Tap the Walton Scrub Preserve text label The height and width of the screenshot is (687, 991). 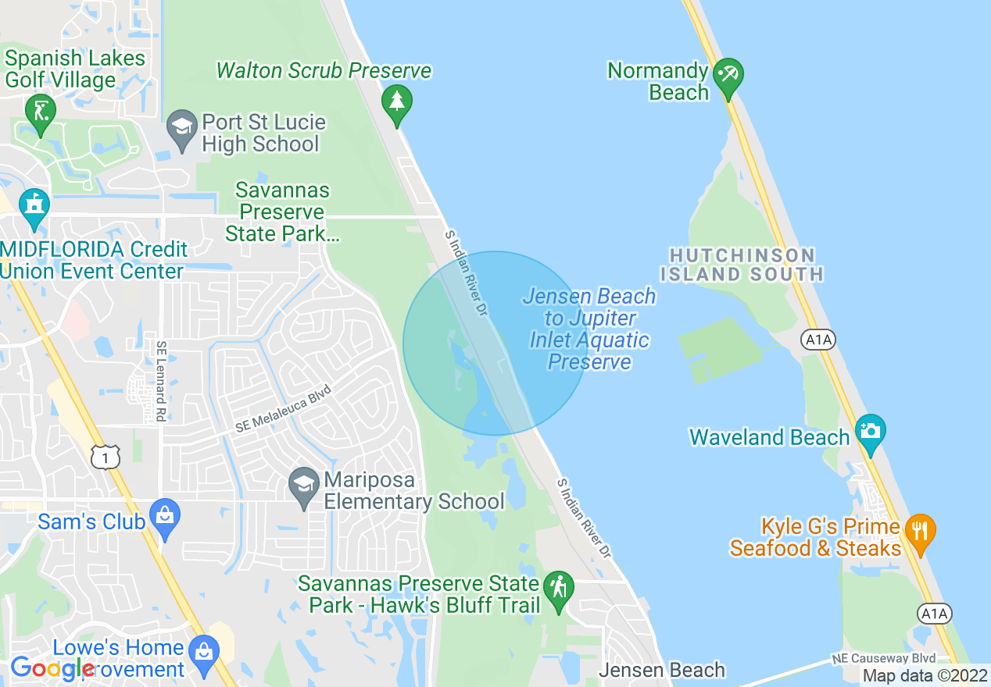[x=324, y=70]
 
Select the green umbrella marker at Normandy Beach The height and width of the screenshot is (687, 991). [x=728, y=77]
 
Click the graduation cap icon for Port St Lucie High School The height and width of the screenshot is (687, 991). [x=182, y=128]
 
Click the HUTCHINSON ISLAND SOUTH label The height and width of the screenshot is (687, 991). [x=742, y=265]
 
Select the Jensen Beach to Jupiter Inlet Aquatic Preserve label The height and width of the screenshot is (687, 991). [x=589, y=329]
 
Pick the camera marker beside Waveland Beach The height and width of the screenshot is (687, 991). [x=870, y=432]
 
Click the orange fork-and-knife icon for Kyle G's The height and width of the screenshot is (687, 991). [x=920, y=531]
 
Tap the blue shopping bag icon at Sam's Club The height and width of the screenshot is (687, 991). [x=165, y=517]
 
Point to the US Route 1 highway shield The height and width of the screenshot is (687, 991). [x=106, y=456]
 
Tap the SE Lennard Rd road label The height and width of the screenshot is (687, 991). [x=160, y=381]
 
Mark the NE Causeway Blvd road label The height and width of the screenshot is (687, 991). [x=883, y=658]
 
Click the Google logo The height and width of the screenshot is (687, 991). [x=52, y=668]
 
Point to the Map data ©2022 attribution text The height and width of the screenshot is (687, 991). [x=925, y=675]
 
